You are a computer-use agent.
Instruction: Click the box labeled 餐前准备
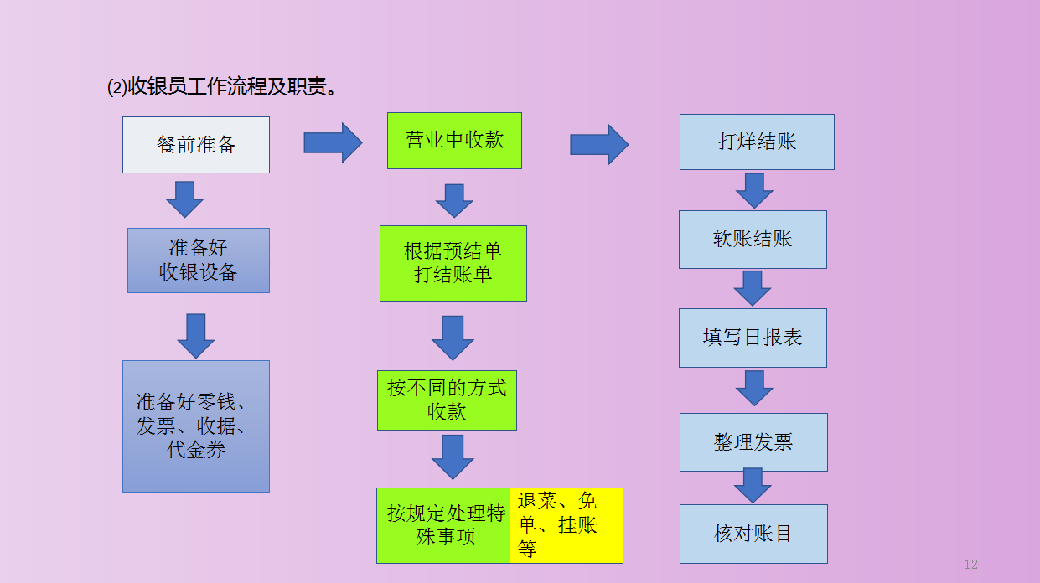click(x=196, y=145)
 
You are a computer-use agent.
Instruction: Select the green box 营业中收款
click(x=454, y=141)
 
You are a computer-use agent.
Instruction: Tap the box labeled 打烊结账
click(x=757, y=142)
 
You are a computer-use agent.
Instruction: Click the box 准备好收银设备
click(x=199, y=261)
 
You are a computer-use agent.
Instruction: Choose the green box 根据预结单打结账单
click(x=453, y=263)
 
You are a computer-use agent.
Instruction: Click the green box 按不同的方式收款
click(x=447, y=400)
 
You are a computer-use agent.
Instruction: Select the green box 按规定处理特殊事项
click(x=443, y=525)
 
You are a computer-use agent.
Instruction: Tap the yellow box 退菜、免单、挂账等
click(x=567, y=525)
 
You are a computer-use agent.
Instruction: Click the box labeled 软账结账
click(x=753, y=239)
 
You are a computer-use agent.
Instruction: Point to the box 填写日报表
click(x=753, y=338)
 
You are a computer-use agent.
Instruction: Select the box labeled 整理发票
click(x=753, y=441)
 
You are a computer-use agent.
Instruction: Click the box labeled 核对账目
click(x=753, y=534)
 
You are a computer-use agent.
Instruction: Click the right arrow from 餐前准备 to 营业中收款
click(x=332, y=142)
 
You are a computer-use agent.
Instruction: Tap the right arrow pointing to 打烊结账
click(x=598, y=144)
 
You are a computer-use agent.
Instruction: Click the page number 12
click(x=971, y=565)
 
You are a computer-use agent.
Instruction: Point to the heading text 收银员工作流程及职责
click(x=223, y=87)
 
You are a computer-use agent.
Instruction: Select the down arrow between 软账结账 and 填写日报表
click(x=753, y=287)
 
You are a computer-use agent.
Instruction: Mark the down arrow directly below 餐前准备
click(x=184, y=199)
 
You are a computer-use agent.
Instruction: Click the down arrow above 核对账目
click(x=753, y=486)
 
